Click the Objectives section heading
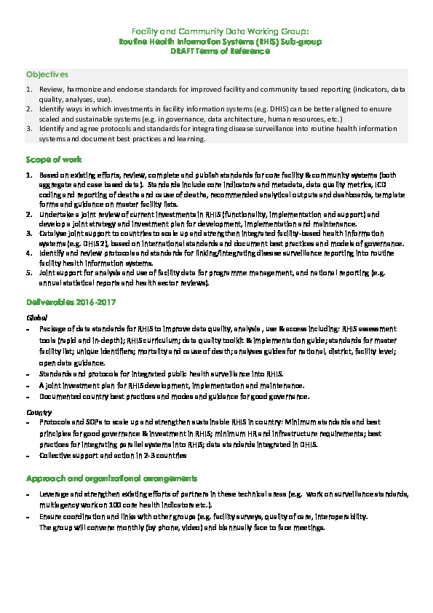coord(47,74)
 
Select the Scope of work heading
coord(54,159)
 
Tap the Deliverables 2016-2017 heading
coord(71,301)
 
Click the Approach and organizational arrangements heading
coord(111,478)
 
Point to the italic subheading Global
coord(36,317)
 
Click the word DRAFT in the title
coord(183,52)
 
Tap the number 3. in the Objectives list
coord(29,127)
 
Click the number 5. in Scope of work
coord(29,272)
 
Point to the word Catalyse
coord(53,234)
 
